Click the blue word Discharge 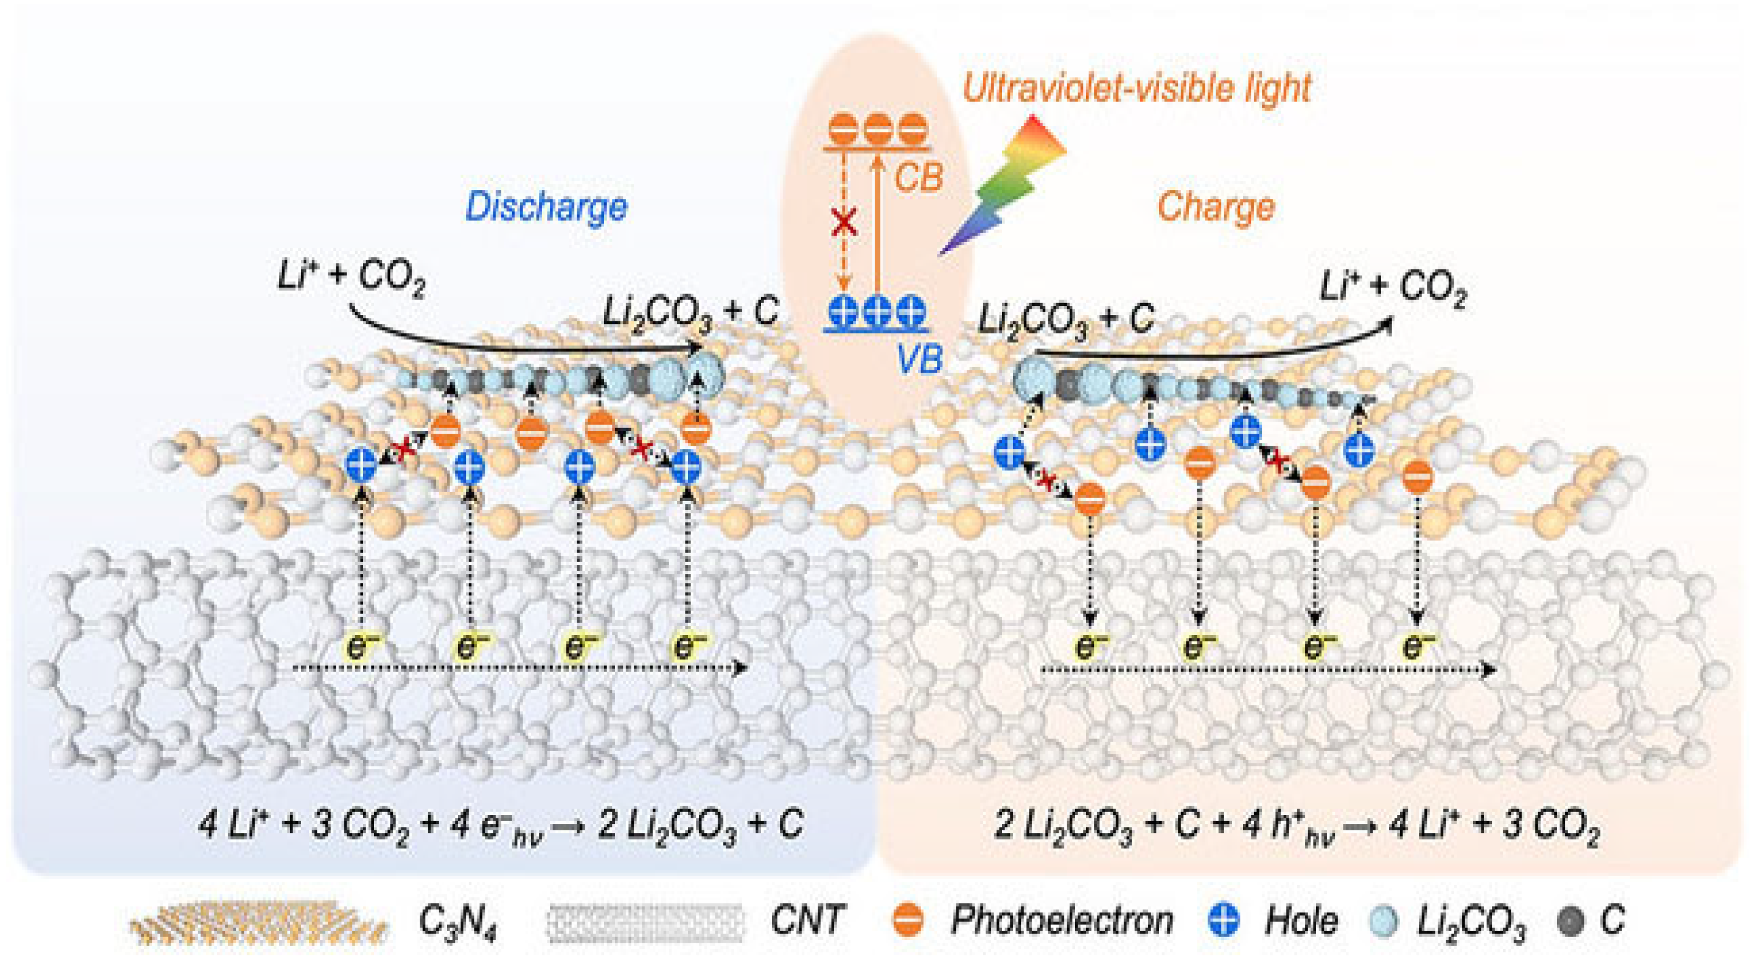pyautogui.click(x=546, y=207)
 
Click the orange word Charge pyautogui.click(x=1216, y=207)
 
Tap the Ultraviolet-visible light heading pyautogui.click(x=1136, y=88)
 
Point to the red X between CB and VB pyautogui.click(x=844, y=223)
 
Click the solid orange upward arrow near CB pyautogui.click(x=877, y=225)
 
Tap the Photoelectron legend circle pyautogui.click(x=908, y=920)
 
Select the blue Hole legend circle pyautogui.click(x=1224, y=920)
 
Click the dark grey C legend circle pyautogui.click(x=1571, y=920)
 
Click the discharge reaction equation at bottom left pyautogui.click(x=501, y=826)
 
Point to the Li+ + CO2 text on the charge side pyautogui.click(x=1393, y=289)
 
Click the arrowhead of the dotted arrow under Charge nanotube pyautogui.click(x=1489, y=671)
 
